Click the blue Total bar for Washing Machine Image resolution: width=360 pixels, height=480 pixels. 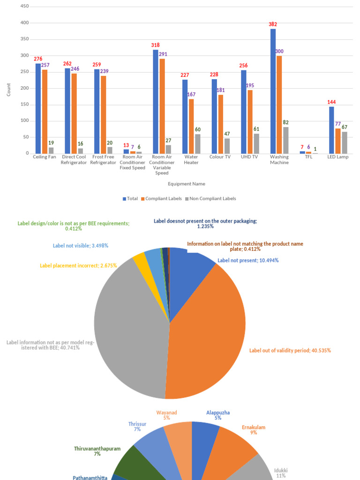(x=273, y=91)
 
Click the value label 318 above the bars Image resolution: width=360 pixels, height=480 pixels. (x=155, y=45)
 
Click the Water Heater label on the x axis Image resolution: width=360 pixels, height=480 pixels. (x=191, y=159)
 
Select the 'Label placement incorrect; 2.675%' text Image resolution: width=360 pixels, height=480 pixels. (x=78, y=266)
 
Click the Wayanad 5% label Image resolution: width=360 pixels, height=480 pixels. (x=167, y=415)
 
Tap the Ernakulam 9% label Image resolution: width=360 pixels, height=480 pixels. (x=254, y=430)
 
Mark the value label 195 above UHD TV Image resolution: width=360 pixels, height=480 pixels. (x=251, y=85)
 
